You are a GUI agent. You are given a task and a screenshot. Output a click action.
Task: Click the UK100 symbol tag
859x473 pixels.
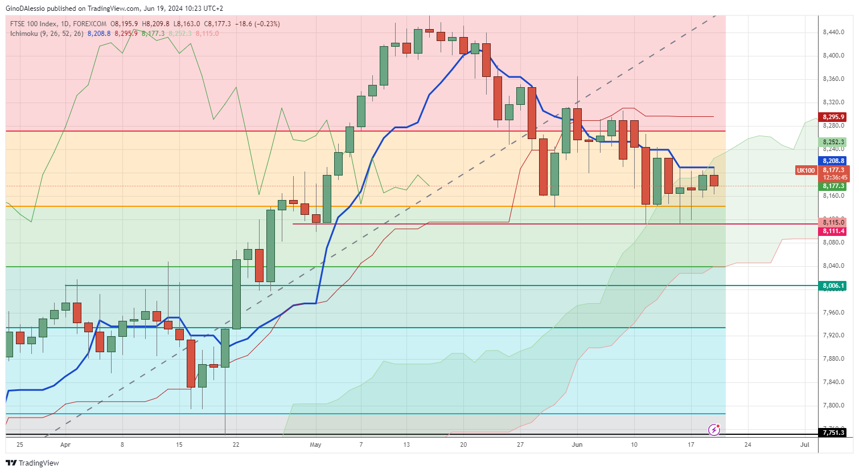805,170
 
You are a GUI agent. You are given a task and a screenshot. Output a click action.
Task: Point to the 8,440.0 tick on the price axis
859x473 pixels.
834,32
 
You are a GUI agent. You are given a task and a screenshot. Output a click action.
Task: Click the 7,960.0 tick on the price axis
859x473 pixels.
834,312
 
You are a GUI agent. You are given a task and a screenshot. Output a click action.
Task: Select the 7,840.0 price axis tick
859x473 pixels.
834,382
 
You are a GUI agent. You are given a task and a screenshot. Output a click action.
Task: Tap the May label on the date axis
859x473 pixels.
315,445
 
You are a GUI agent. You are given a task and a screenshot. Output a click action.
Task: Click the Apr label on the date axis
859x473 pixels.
65,445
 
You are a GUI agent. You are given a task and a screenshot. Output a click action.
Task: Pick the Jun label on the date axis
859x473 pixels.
577,445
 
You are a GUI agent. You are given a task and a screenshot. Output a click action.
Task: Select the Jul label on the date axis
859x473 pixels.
805,445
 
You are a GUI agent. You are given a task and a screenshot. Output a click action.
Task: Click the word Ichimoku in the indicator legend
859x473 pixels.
24,34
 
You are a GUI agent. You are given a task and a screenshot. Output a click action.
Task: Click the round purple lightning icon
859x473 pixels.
714,429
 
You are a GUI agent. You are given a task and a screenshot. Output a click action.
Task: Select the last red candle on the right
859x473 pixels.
714,180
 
